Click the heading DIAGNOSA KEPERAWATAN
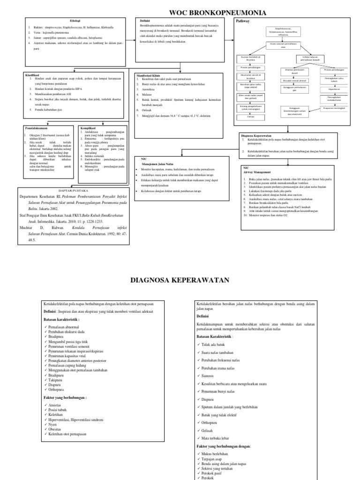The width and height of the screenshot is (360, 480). point(180,280)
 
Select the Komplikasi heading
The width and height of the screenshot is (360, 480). point(90,127)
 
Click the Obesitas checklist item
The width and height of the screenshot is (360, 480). point(58,428)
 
